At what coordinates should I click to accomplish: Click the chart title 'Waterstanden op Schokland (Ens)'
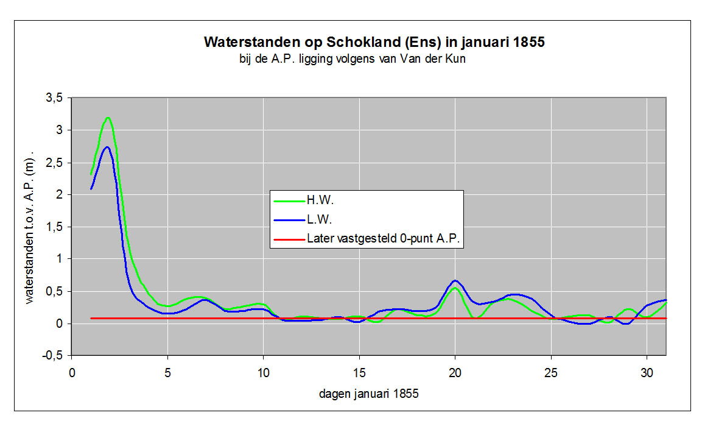click(x=374, y=43)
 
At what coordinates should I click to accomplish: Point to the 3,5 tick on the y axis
click(x=55, y=98)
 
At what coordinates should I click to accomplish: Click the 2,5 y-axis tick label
click(x=55, y=163)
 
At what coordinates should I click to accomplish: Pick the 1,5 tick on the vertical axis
click(x=55, y=227)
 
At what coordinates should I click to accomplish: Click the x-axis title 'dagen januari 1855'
click(x=369, y=394)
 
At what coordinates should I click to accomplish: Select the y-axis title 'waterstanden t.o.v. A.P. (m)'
click(x=30, y=227)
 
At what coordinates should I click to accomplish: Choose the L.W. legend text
click(x=320, y=219)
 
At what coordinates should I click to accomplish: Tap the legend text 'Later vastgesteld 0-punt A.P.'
click(x=385, y=239)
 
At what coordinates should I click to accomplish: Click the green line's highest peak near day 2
click(x=108, y=118)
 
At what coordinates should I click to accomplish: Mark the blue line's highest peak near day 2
click(x=107, y=147)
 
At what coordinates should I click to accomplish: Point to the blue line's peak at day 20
click(x=455, y=281)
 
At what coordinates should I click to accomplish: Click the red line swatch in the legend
click(x=288, y=239)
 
